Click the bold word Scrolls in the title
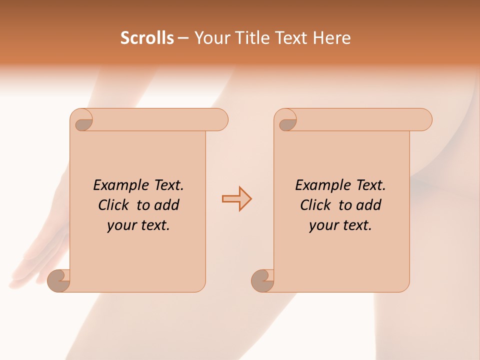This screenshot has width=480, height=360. coord(147,38)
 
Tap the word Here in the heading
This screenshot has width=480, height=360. coord(331,38)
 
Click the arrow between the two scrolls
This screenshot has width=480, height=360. coord(236,199)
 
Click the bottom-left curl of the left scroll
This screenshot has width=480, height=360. coord(58,280)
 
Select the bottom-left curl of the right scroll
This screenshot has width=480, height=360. coord(262,280)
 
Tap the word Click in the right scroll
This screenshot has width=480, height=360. coord(315,205)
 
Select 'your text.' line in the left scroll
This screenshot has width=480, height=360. coord(138,225)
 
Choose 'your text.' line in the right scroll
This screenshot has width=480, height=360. coord(340,225)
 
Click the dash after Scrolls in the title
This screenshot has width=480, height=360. coord(183,38)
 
